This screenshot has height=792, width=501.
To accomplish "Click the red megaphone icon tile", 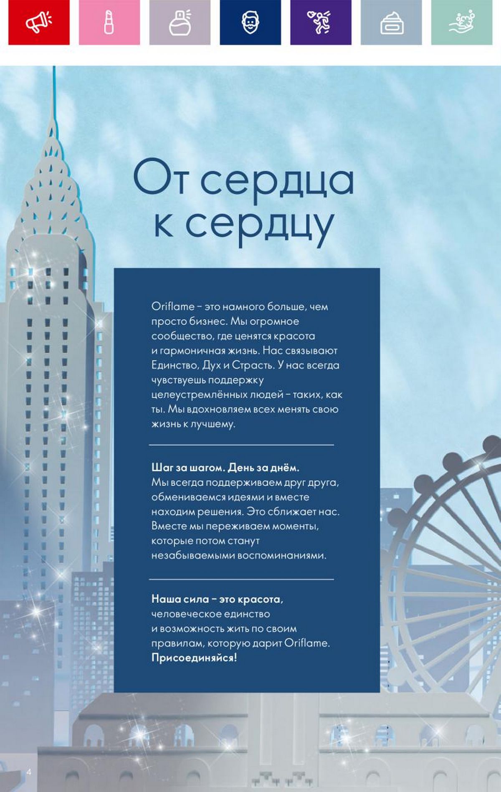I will click(39, 22).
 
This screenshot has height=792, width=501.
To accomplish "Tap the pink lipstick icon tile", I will click(109, 22).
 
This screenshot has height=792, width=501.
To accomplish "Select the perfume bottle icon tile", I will click(180, 22).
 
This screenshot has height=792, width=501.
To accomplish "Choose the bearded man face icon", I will click(250, 22).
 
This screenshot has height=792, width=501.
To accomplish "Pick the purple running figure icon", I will click(321, 22).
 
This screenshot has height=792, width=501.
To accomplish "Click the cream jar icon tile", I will click(391, 22).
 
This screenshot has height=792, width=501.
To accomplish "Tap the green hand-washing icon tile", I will click(462, 22).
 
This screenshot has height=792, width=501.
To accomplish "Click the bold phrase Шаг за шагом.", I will click(188, 468).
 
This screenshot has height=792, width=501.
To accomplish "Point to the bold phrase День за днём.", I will click(264, 468).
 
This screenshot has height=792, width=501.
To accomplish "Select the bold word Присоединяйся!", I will click(194, 658).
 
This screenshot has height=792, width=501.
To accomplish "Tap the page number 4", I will click(29, 772).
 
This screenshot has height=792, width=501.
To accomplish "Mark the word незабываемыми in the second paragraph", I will click(193, 556).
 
